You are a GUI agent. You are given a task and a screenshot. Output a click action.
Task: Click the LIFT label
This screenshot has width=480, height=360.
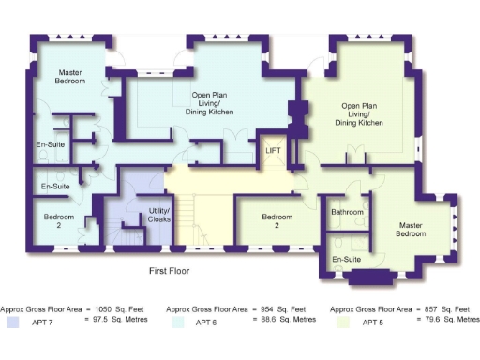click(x=274, y=150)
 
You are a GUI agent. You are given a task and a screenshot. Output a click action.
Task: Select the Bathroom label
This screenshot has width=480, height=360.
click(x=347, y=212)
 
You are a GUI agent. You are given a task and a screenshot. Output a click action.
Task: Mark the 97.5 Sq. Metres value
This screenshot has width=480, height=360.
click(x=118, y=320)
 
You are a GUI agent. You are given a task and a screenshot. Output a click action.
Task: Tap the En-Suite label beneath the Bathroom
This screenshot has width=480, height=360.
click(x=347, y=259)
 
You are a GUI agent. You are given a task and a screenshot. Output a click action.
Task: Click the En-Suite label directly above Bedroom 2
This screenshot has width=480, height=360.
click(x=54, y=187)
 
